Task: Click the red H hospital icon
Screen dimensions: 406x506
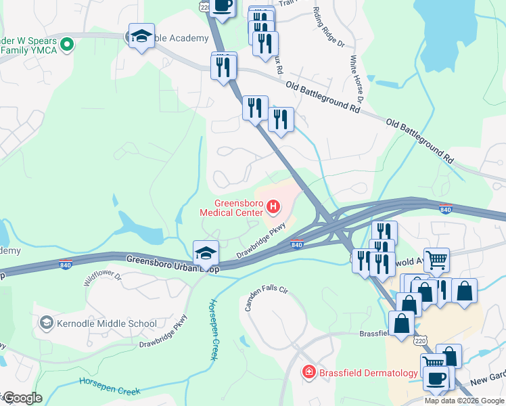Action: point(273,206)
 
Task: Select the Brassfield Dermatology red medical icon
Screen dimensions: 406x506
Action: point(308,372)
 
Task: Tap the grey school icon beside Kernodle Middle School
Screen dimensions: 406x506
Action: point(47,323)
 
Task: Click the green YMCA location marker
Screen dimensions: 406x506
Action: point(66,45)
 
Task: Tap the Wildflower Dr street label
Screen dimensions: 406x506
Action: point(101,277)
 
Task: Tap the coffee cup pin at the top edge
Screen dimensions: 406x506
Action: point(222,5)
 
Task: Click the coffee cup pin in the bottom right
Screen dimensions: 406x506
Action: point(436,377)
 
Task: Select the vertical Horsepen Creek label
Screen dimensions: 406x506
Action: point(212,330)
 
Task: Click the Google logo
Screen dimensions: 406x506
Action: point(22,398)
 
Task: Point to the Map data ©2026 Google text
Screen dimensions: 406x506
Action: point(464,401)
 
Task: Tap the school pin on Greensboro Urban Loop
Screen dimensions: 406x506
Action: point(206,253)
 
